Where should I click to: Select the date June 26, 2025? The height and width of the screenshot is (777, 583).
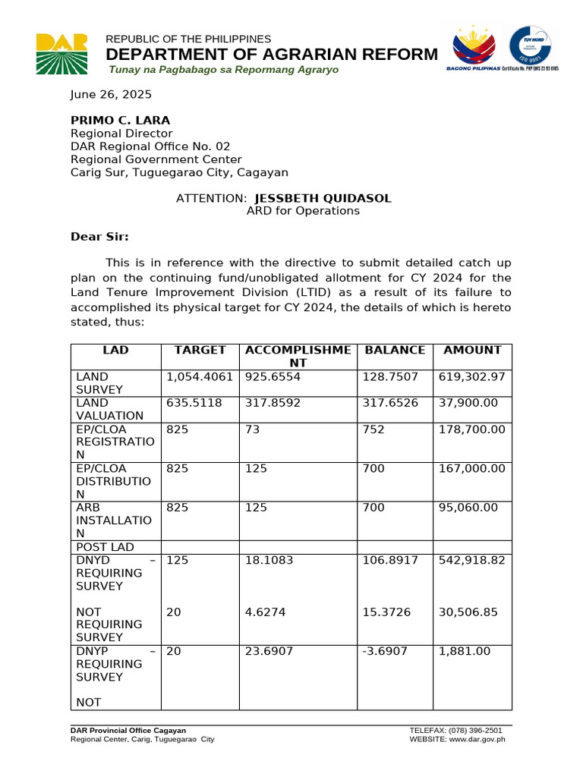[x=111, y=95]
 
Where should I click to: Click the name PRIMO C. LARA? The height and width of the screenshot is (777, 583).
[x=120, y=121]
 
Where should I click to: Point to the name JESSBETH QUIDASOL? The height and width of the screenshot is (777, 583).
[x=323, y=198]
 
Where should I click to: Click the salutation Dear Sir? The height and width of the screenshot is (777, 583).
[x=99, y=237]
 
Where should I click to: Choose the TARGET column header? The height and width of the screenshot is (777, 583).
[x=200, y=351]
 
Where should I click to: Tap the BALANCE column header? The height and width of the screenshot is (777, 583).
[x=395, y=351]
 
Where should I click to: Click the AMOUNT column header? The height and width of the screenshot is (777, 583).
[x=472, y=351]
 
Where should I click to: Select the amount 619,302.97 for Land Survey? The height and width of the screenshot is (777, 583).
[x=471, y=376]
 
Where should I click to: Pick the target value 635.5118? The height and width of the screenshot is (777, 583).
[x=194, y=403]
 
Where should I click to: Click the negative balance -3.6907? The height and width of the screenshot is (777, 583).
[x=386, y=652]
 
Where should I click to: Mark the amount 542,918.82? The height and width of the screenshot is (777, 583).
[x=471, y=561]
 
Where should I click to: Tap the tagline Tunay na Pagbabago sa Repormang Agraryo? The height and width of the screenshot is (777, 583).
[x=224, y=70]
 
